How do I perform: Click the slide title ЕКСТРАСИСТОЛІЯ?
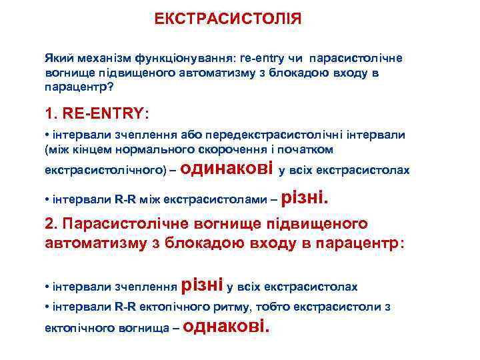228,19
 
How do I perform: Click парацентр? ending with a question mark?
77,87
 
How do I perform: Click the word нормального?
175,149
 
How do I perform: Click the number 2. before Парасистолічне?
51,224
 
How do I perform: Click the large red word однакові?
227,326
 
